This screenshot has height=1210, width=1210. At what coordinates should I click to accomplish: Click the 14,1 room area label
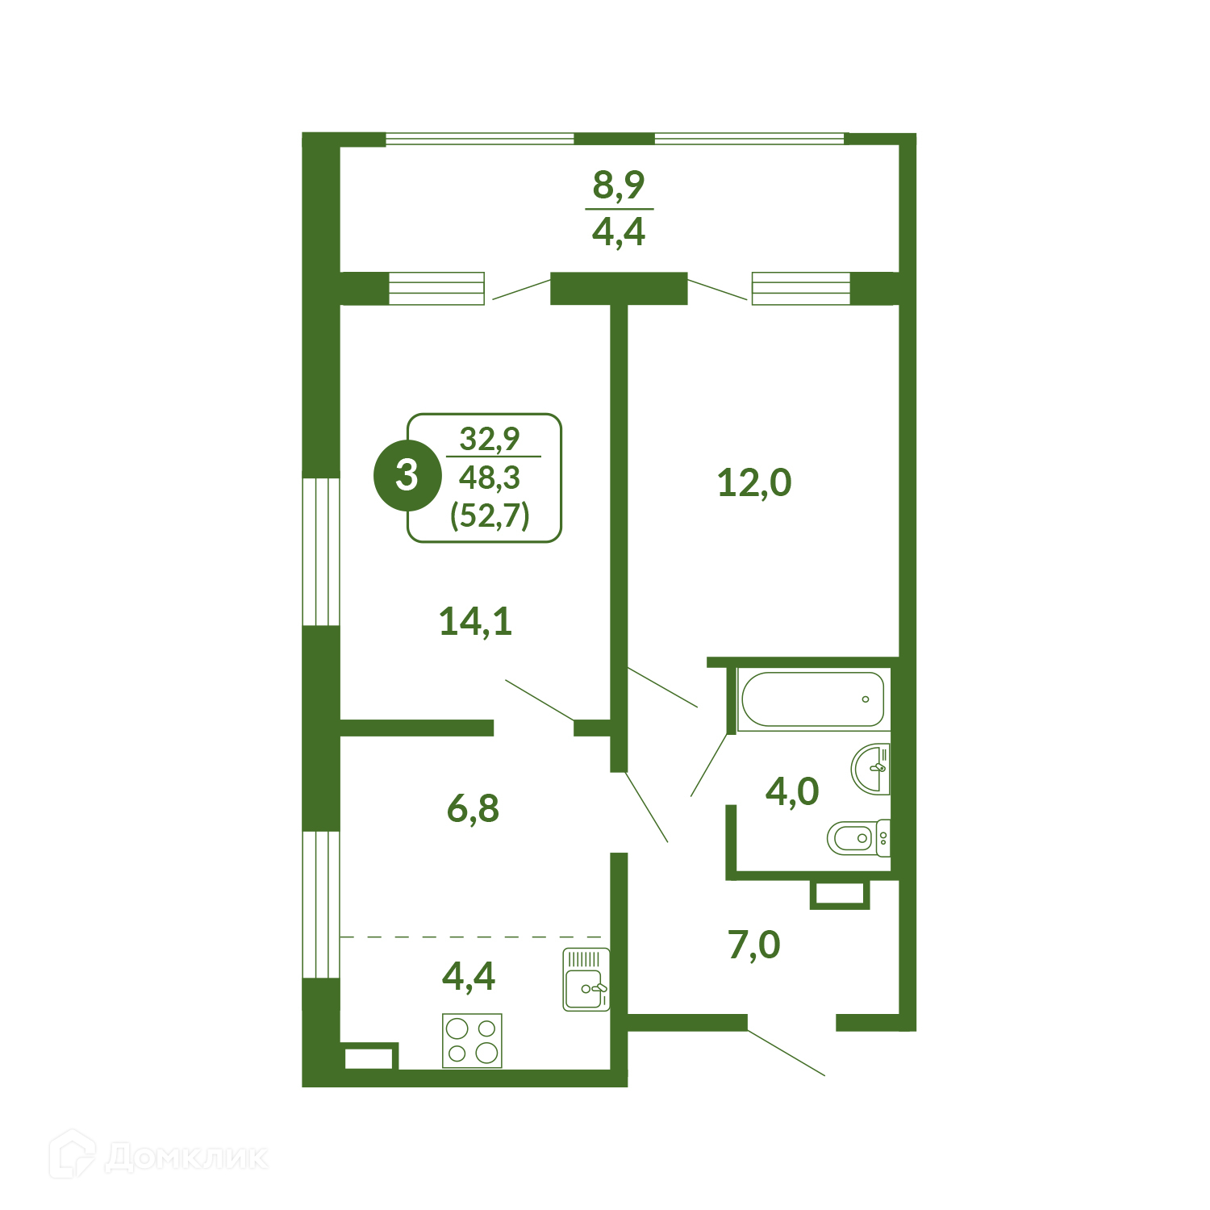(x=475, y=622)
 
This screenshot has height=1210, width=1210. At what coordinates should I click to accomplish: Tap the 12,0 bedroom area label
(x=754, y=483)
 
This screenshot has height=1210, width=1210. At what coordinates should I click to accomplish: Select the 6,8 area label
(x=473, y=808)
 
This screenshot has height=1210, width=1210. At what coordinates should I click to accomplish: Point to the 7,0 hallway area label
(x=754, y=945)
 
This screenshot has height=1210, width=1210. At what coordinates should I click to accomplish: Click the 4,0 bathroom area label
(x=792, y=792)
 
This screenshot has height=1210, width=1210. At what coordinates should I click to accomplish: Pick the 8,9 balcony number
(x=619, y=186)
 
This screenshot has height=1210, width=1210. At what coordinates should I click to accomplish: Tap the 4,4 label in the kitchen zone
(x=469, y=977)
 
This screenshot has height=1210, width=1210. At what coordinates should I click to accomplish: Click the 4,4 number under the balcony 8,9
(x=619, y=232)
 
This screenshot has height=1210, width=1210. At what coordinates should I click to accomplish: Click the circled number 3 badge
(x=407, y=476)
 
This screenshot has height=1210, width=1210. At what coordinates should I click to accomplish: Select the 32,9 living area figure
(x=490, y=440)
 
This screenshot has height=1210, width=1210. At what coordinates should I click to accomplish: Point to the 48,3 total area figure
(x=490, y=478)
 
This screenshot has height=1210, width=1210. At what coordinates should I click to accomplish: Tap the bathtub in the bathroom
(x=813, y=699)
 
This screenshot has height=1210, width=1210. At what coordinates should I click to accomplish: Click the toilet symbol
(x=858, y=838)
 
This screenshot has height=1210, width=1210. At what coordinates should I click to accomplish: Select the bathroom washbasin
(x=871, y=768)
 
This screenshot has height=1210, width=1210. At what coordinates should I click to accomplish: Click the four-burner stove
(x=472, y=1041)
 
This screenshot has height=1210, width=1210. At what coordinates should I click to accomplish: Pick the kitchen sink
(x=586, y=980)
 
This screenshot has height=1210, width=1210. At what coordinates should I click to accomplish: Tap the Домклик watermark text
(x=186, y=1158)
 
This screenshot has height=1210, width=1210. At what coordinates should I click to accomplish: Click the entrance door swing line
(x=786, y=1052)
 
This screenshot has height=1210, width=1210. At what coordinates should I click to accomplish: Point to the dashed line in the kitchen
(x=471, y=937)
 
